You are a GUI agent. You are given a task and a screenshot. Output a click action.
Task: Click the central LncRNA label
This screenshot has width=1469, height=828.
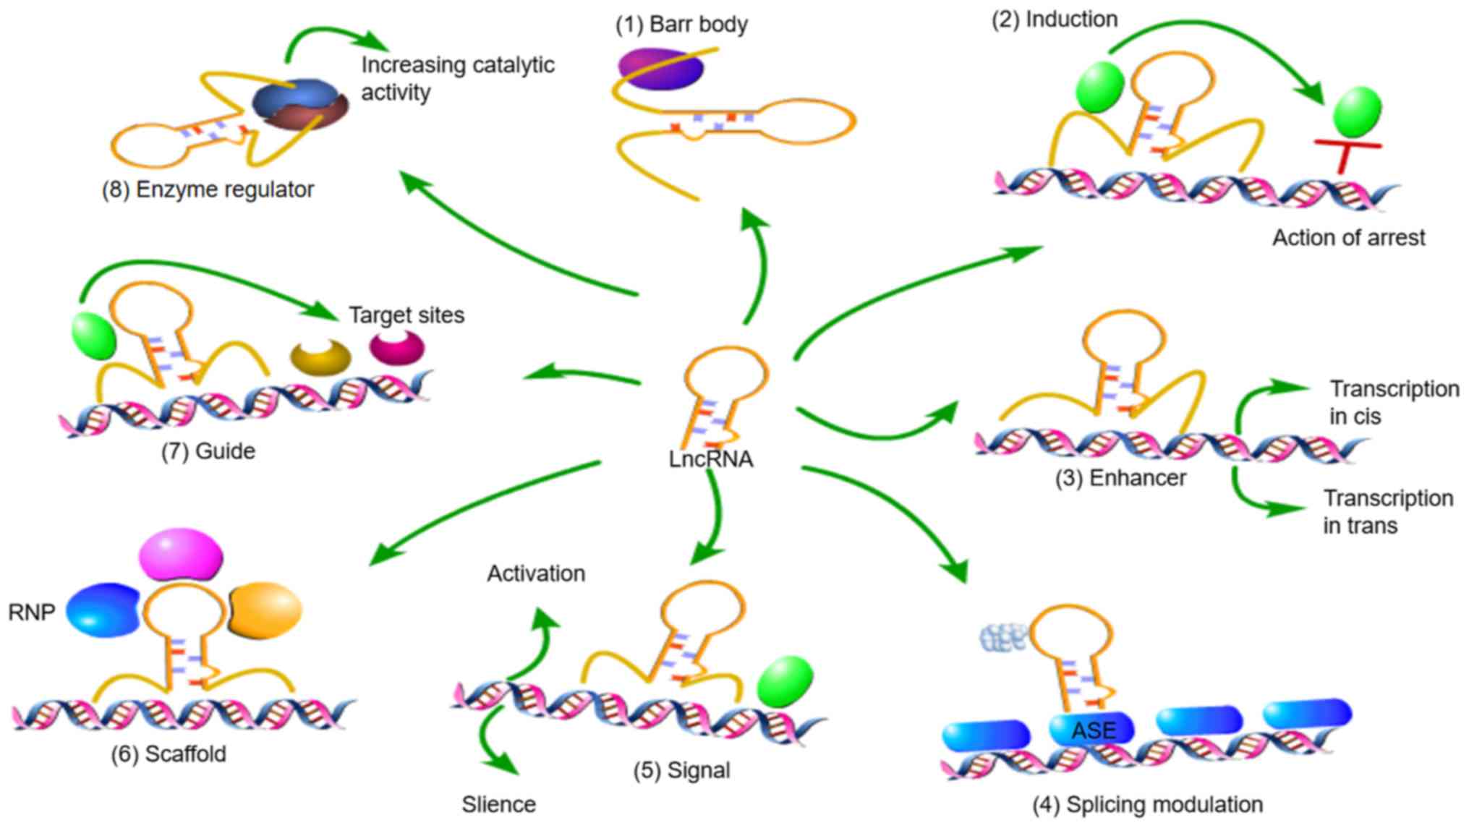click(x=710, y=459)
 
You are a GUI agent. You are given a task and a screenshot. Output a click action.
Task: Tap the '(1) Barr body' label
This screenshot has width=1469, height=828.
click(x=681, y=24)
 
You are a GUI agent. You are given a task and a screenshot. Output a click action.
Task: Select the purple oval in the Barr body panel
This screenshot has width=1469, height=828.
click(x=660, y=69)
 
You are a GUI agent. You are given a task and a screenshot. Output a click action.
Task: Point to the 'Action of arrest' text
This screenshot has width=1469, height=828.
click(x=1348, y=237)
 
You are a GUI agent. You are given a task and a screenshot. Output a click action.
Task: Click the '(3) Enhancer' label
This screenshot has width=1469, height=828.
click(x=1120, y=478)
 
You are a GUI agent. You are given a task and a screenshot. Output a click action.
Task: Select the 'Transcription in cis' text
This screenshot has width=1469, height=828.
click(x=1393, y=402)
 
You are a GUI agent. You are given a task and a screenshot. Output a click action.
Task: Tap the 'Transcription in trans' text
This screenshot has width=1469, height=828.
click(x=1387, y=511)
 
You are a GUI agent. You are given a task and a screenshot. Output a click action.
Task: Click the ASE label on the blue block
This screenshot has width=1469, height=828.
click(x=1094, y=730)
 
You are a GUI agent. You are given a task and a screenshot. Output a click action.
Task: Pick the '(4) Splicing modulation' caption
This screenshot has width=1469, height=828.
click(x=1147, y=804)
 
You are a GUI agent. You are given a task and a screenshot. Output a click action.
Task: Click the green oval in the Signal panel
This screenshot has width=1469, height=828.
click(x=785, y=681)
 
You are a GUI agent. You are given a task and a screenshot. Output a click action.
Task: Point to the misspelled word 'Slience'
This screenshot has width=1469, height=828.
click(x=499, y=804)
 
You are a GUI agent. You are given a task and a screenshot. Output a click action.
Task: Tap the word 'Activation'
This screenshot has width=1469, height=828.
click(x=536, y=573)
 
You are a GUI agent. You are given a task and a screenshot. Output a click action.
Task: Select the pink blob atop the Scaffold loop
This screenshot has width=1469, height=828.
click(x=181, y=555)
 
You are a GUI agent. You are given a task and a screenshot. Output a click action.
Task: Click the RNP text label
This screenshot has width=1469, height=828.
click(x=32, y=613)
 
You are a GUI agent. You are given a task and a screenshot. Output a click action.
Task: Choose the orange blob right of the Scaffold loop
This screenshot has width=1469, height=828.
click(x=265, y=610)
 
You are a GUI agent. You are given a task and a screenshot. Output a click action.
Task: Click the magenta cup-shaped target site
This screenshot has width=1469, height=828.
click(x=397, y=348)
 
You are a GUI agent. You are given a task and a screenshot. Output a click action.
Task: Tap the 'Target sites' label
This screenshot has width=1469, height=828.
click(x=406, y=315)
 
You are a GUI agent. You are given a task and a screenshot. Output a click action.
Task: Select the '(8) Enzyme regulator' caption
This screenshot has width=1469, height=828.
click(x=208, y=189)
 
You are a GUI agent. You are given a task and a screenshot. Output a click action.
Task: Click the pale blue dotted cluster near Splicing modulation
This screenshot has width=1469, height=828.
click(x=1004, y=636)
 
